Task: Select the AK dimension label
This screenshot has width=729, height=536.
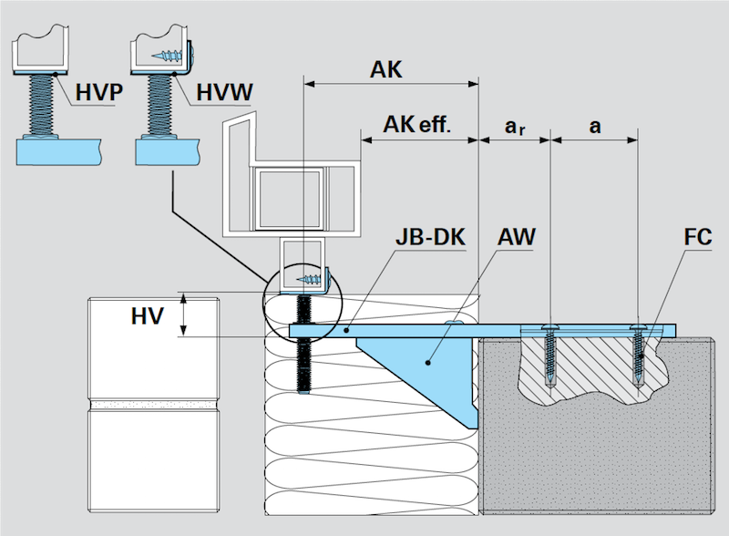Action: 386,69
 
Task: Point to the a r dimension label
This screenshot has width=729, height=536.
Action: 515,126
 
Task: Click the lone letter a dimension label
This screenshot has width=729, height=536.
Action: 595,125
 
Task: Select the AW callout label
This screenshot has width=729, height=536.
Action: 517,238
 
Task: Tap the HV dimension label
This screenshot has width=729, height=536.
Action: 147,314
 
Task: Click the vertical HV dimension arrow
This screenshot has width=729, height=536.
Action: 185,314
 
